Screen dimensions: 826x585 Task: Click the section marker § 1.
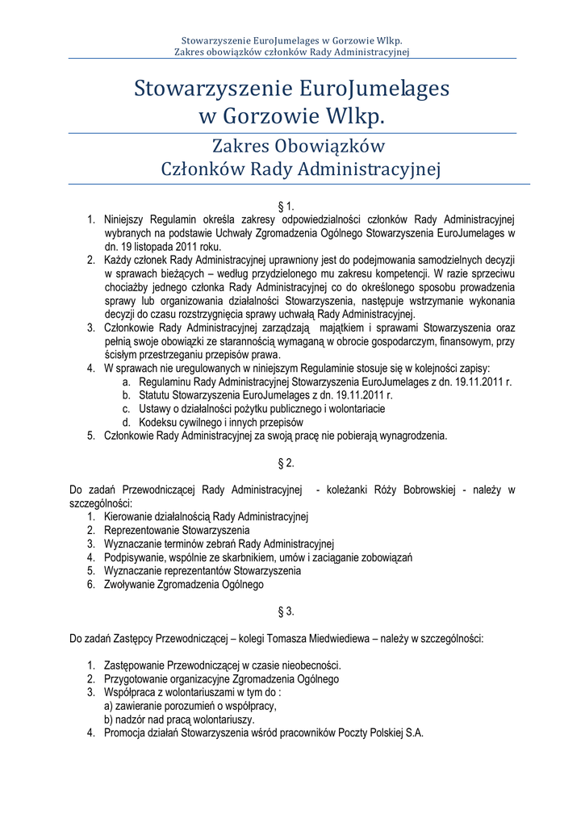[x=291, y=206]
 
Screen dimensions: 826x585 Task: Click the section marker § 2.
[x=291, y=463]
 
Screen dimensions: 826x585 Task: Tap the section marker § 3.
[x=291, y=611]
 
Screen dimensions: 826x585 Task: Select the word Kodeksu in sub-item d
[x=157, y=422]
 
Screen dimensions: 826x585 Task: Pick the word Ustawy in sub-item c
[x=156, y=409]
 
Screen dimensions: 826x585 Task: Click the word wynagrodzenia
[x=415, y=436]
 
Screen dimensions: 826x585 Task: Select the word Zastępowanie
[x=134, y=665]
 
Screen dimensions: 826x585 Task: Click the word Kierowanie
[x=127, y=516]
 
